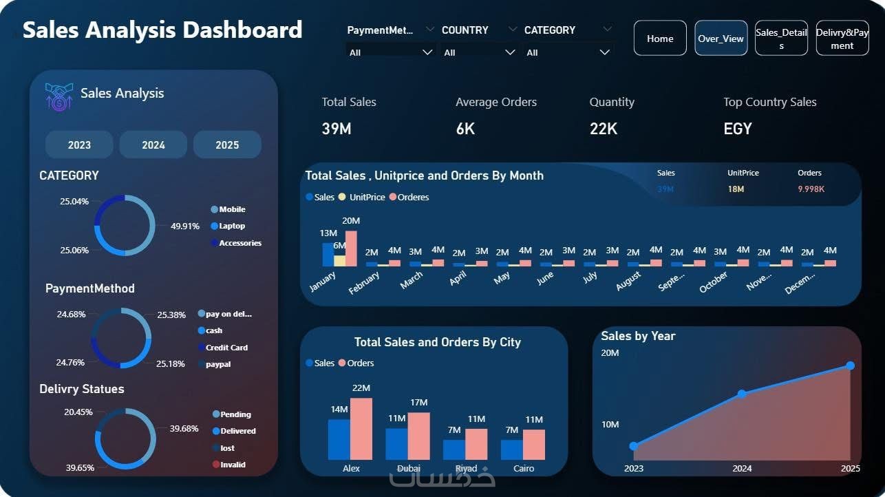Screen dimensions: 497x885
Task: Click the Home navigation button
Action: (659, 39)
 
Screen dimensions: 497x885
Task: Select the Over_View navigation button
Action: (721, 39)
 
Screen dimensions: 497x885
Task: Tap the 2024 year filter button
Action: (153, 145)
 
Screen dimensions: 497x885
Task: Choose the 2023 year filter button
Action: (79, 145)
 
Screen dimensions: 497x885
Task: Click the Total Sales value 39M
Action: (337, 129)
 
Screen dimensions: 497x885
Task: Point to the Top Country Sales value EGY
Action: (738, 129)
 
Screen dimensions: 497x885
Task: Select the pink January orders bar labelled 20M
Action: (351, 248)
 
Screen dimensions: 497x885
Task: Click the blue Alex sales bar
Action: (339, 438)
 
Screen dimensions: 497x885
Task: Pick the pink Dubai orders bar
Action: (418, 436)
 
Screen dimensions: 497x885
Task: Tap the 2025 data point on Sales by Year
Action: (850, 366)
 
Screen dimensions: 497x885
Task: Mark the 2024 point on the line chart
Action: (742, 394)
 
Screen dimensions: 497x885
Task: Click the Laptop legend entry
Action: (231, 226)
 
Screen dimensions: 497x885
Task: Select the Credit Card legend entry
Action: (226, 348)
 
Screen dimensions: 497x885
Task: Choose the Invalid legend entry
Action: (232, 465)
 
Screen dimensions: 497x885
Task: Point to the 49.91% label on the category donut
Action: (185, 226)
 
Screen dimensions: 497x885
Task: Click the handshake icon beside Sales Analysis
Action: (59, 96)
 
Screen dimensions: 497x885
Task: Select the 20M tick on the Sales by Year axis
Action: (610, 353)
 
